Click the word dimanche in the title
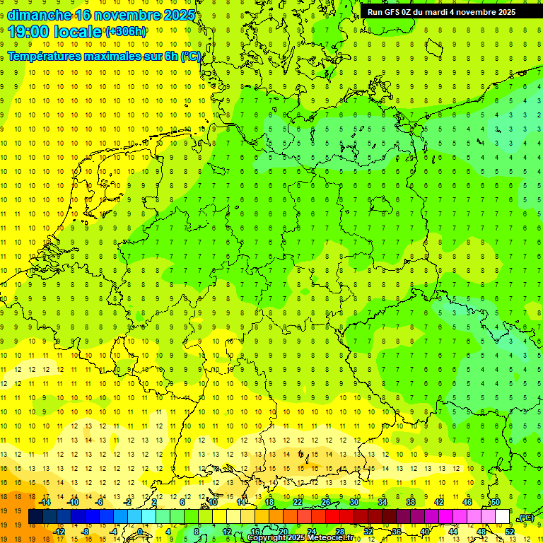[38, 14]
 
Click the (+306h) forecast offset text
[125, 32]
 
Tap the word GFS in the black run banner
[394, 11]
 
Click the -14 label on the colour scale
[45, 502]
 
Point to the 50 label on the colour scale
[496, 502]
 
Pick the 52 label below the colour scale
[510, 531]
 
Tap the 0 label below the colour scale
[139, 531]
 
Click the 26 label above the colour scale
[326, 502]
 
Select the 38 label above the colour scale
[411, 502]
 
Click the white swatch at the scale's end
[503, 517]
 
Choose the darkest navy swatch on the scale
[35, 517]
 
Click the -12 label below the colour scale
[59, 531]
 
